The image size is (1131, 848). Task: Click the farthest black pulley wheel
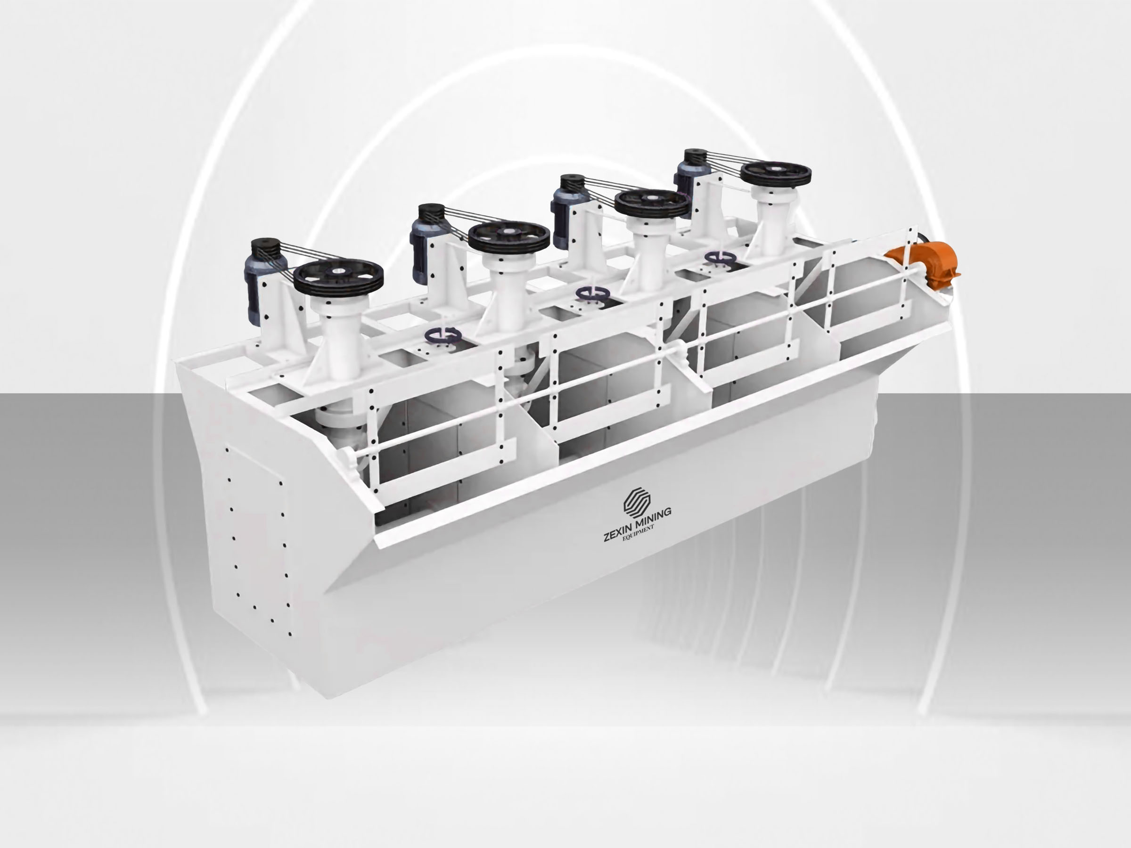click(x=776, y=175)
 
